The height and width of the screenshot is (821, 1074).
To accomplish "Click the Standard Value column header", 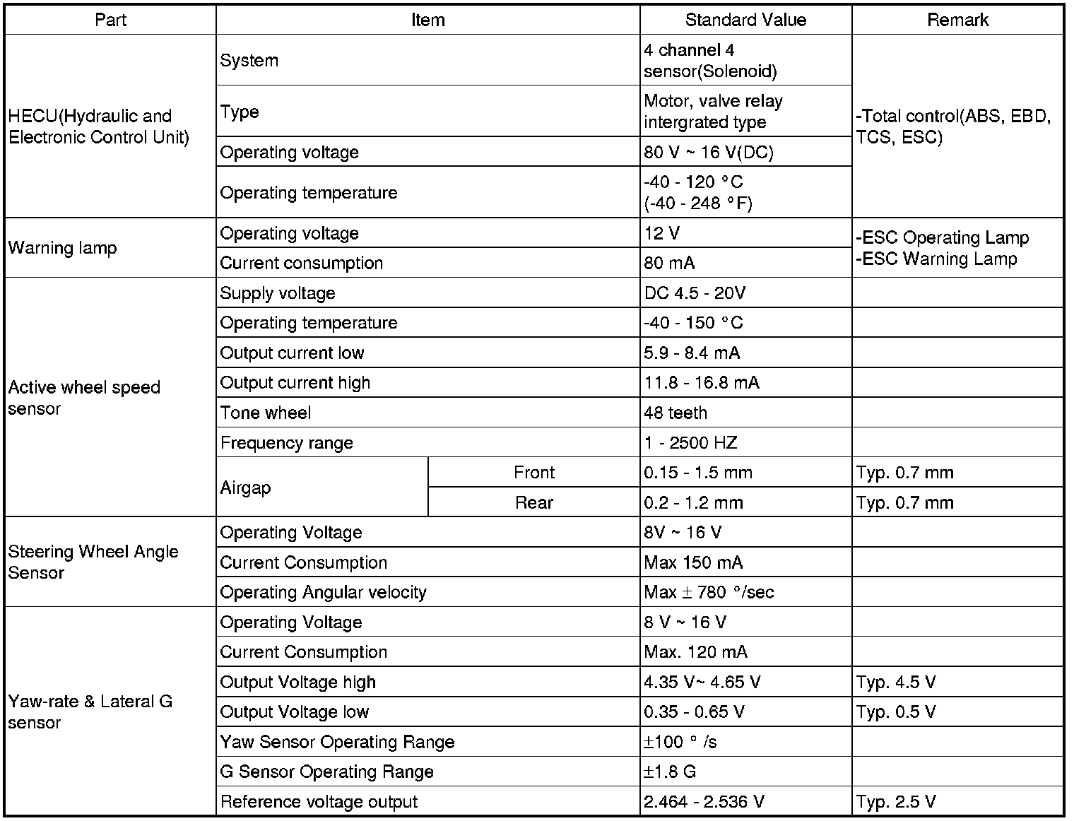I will click(745, 20).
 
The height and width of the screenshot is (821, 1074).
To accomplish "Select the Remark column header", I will click(957, 20).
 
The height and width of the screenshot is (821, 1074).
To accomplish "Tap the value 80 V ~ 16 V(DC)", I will click(709, 153).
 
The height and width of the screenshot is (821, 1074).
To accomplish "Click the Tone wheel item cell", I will click(266, 413).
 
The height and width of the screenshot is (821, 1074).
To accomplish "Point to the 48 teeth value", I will click(675, 413).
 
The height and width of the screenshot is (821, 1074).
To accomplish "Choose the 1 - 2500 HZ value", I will click(690, 443).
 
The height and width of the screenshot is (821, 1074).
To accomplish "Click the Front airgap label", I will click(534, 473).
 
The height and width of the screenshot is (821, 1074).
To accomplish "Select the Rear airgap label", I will click(534, 502).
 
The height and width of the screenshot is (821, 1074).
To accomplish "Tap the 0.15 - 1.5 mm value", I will click(698, 473).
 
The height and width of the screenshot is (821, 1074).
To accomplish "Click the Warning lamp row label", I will click(63, 248).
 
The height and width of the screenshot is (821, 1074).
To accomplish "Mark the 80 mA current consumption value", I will click(669, 264).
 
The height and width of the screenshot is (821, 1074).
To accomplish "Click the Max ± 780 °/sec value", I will click(709, 593).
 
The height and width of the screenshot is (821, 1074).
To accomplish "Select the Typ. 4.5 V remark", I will click(896, 683).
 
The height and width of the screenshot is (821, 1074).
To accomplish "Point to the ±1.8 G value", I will click(670, 772).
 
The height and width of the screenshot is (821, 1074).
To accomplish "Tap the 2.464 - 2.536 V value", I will click(704, 802).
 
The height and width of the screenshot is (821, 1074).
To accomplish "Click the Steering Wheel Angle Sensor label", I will click(93, 562).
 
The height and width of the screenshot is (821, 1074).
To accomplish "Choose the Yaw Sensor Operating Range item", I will click(337, 743).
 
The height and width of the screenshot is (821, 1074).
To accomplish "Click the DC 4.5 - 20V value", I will click(695, 293).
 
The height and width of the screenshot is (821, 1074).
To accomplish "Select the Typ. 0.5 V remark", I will click(896, 712).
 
